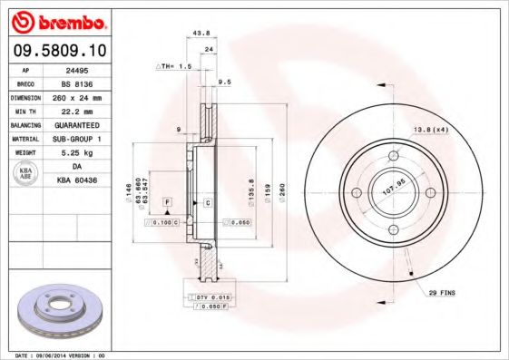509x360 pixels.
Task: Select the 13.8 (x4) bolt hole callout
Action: (431, 129)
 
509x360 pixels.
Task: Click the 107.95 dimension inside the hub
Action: (391, 193)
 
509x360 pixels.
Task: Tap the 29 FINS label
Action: (440, 293)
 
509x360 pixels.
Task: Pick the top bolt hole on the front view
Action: (393, 156)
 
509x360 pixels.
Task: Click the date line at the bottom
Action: (54, 355)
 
